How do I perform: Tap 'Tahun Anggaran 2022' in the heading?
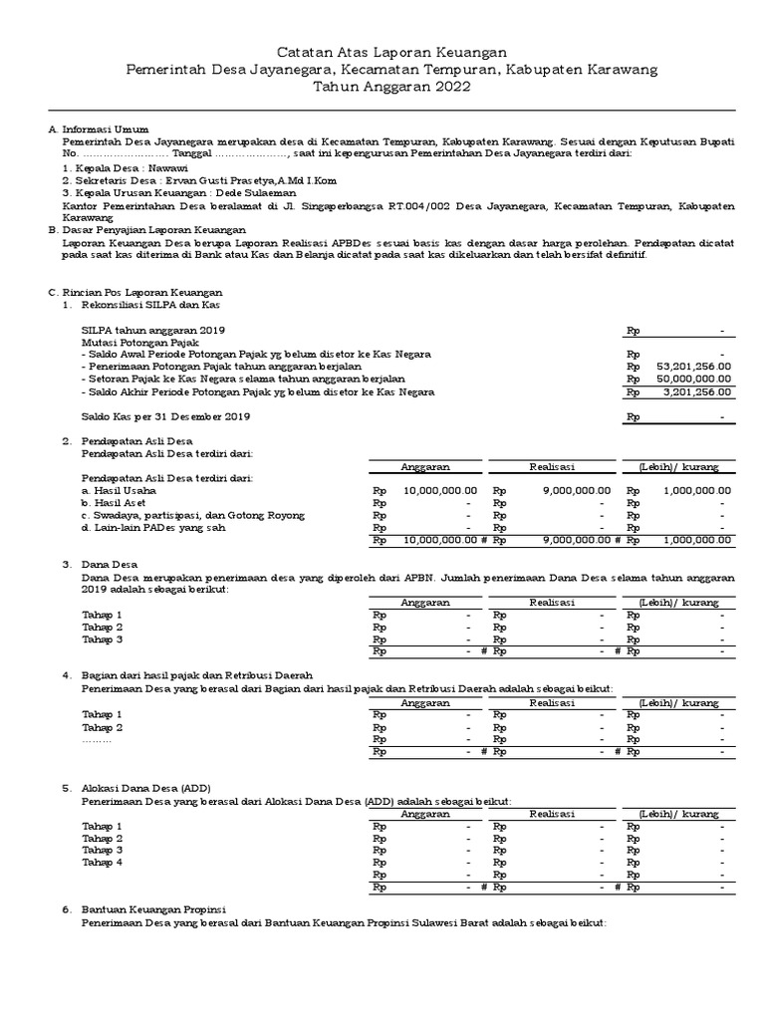click(391, 88)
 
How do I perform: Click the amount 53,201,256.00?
click(694, 366)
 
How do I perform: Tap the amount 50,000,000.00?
click(694, 379)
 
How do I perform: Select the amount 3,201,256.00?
click(697, 392)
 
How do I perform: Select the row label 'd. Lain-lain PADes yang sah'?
click(152, 528)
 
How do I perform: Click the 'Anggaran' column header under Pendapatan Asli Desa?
click(425, 466)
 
